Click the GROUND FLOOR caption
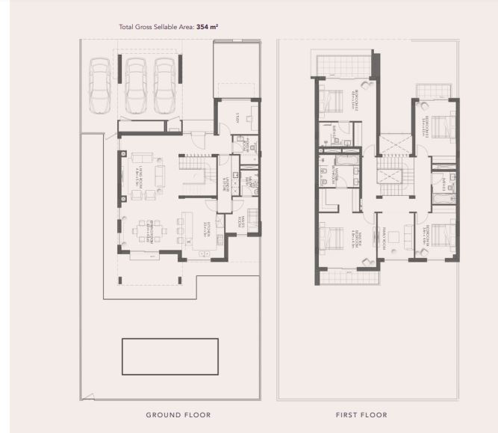tap(178, 414)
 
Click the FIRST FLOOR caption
tap(362, 414)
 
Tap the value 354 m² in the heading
tap(208, 26)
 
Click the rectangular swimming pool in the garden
tap(170, 357)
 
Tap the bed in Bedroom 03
tap(441, 126)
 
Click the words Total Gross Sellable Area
tap(156, 26)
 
